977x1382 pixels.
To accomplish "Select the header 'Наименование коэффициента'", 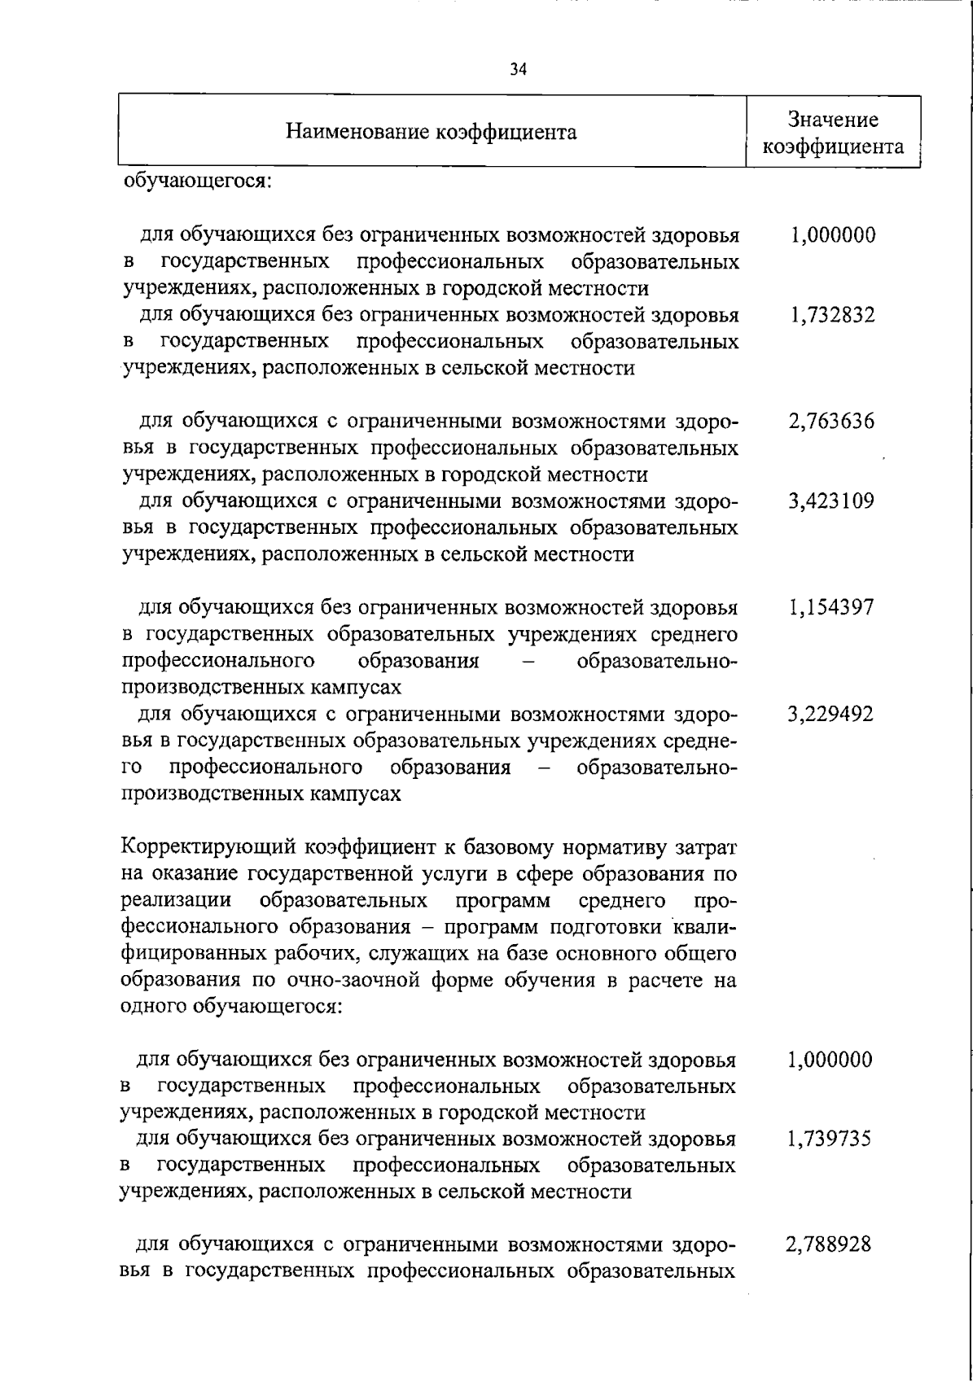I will pyautogui.click(x=432, y=132).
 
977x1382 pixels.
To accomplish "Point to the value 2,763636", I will pyautogui.click(x=831, y=422).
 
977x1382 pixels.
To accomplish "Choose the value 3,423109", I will pyautogui.click(x=831, y=501).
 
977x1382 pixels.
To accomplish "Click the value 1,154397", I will pyautogui.click(x=831, y=608).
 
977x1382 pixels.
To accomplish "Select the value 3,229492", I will pyautogui.click(x=831, y=715).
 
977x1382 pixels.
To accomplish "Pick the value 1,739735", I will pyautogui.click(x=829, y=1139).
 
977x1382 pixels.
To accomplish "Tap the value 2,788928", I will pyautogui.click(x=829, y=1245).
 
